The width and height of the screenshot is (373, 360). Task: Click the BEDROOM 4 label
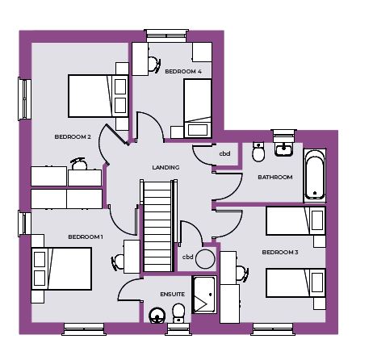click(x=183, y=71)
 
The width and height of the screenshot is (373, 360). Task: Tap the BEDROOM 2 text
click(x=73, y=136)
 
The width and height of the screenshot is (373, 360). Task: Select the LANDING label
click(x=166, y=167)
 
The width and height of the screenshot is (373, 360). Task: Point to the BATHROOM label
click(x=275, y=177)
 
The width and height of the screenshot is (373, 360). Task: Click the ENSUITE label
click(x=173, y=295)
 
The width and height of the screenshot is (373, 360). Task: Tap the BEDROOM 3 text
click(x=280, y=252)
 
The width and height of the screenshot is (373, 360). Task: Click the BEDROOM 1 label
click(x=86, y=237)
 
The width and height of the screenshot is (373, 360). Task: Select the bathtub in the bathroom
click(x=315, y=175)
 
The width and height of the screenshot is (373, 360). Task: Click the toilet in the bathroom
click(x=258, y=152)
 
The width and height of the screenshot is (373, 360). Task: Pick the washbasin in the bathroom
click(x=283, y=149)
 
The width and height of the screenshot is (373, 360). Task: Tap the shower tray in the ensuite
click(x=204, y=295)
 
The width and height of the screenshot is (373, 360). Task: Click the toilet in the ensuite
click(x=178, y=313)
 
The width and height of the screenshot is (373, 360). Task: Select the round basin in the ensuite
click(x=157, y=316)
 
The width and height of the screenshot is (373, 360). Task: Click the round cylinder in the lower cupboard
click(x=205, y=259)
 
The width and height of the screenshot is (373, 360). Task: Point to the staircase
click(x=158, y=226)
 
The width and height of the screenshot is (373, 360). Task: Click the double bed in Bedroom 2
click(x=98, y=96)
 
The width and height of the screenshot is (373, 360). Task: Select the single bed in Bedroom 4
click(x=198, y=108)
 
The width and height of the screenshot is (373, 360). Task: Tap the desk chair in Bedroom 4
click(x=154, y=65)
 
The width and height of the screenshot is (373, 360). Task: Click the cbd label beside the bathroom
click(x=224, y=153)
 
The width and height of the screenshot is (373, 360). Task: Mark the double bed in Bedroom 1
click(x=61, y=269)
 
